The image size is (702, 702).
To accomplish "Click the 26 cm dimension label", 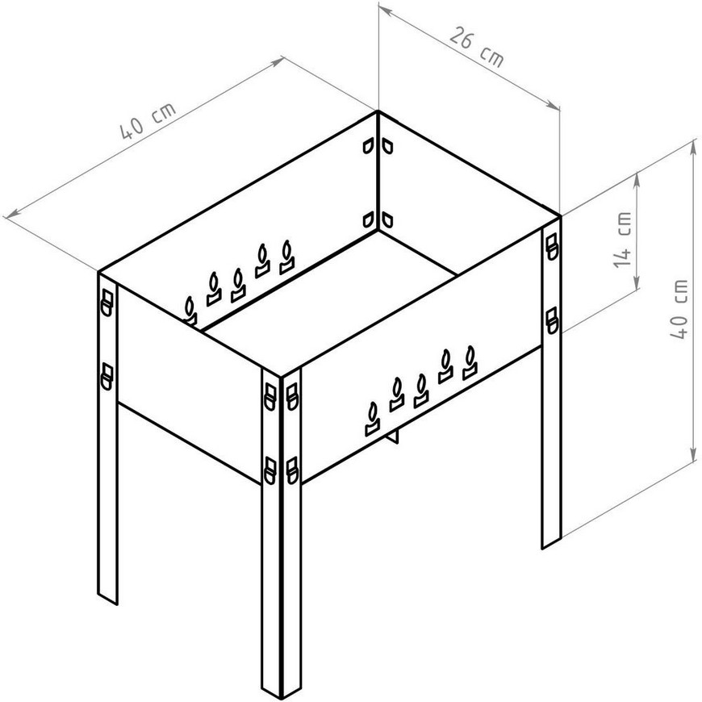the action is click(x=476, y=47).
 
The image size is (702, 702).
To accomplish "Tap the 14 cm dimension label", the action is click(x=623, y=240).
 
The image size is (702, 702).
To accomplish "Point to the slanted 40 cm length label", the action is click(x=148, y=121).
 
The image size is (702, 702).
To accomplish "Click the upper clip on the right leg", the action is click(x=552, y=246).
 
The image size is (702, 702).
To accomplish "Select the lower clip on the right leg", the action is click(x=552, y=320).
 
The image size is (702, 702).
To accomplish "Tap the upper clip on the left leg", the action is click(x=107, y=303).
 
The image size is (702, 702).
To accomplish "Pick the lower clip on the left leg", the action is click(x=107, y=377).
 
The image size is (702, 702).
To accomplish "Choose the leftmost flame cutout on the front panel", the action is click(x=373, y=419).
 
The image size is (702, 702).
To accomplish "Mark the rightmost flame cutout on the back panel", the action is click(x=287, y=257).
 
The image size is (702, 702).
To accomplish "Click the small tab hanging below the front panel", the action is click(x=393, y=435).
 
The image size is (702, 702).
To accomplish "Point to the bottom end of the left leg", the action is click(x=107, y=600).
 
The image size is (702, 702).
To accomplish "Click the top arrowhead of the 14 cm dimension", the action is click(x=636, y=178).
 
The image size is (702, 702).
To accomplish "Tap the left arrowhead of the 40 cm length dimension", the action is click(x=10, y=215).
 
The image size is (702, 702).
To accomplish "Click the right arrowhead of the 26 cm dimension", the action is click(x=554, y=106).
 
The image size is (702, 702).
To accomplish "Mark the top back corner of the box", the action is click(x=378, y=111).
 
